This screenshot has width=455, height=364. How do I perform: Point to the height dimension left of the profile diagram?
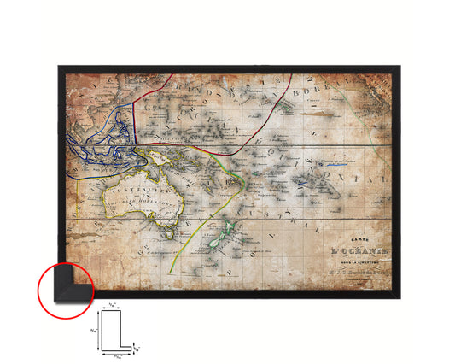(x=94, y=325)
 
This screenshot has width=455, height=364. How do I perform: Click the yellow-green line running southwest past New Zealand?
(x=184, y=248)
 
